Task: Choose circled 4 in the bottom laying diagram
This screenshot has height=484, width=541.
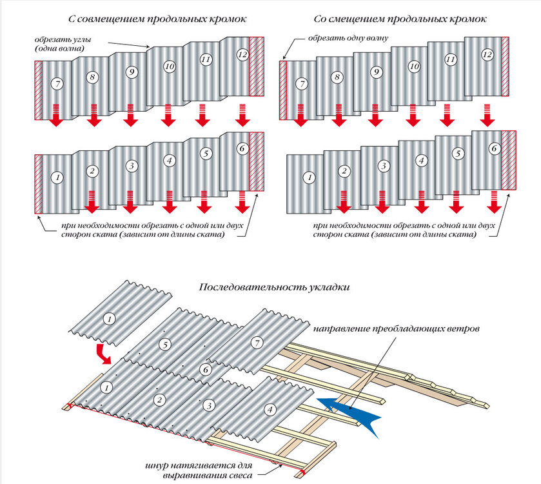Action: pyautogui.click(x=270, y=408)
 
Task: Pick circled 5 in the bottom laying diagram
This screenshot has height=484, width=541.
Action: pyautogui.click(x=166, y=345)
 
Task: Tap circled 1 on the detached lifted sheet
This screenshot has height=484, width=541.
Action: pyautogui.click(x=109, y=318)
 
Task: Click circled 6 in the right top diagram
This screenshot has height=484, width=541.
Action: pyautogui.click(x=495, y=148)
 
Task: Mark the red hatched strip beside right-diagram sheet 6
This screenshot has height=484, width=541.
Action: pyautogui.click(x=509, y=160)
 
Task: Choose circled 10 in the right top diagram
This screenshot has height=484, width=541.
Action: pyautogui.click(x=414, y=66)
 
